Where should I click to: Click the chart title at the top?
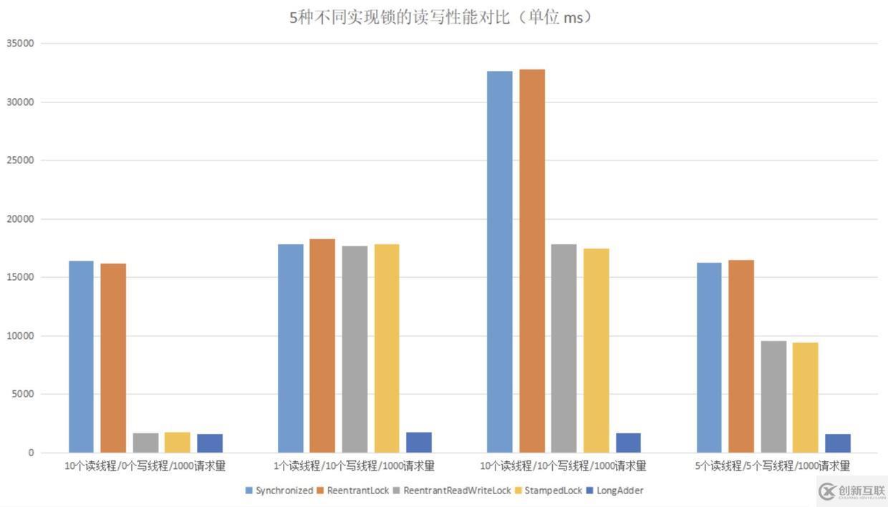[441, 17]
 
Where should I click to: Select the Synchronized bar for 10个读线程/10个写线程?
[500, 261]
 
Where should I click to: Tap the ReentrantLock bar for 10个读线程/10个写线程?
[532, 261]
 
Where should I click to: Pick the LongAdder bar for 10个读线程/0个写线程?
[210, 443]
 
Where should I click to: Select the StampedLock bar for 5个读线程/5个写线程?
[805, 397]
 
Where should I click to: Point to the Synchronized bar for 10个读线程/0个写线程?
[81, 357]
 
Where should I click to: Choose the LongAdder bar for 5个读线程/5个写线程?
[837, 443]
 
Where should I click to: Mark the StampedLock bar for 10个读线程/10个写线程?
[596, 350]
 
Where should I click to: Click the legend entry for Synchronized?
[279, 491]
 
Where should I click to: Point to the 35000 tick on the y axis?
[20, 43]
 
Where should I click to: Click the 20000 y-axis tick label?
[20, 218]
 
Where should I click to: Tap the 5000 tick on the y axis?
[23, 394]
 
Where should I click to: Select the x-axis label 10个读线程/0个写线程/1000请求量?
[145, 466]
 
